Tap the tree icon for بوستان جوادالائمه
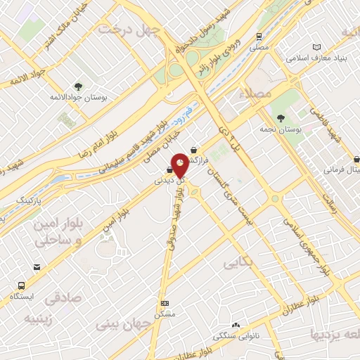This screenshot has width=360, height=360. coord(77,86)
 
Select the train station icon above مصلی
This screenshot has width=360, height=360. coord(259,35)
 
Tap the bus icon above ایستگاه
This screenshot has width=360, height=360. coord(22,286)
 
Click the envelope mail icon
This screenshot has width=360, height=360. coord(37,267)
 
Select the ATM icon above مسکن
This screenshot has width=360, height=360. coord(165,303)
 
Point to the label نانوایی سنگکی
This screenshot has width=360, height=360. coord(236,337)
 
